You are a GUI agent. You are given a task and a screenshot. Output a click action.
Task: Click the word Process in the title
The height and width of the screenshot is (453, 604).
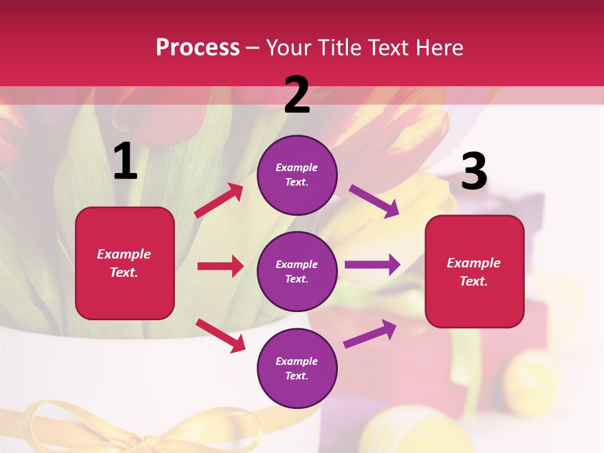[198, 47]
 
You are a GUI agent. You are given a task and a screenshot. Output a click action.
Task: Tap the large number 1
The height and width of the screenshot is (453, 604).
[125, 162]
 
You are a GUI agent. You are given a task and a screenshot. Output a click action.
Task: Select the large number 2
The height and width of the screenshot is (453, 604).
[297, 95]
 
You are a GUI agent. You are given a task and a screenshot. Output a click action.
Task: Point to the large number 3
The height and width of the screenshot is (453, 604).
[474, 172]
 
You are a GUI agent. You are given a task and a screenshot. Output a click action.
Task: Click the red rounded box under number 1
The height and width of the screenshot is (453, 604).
[125, 263]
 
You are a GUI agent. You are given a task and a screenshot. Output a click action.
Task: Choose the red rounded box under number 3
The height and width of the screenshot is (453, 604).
[474, 271]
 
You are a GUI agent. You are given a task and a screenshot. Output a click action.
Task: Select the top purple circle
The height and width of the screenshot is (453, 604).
[297, 175]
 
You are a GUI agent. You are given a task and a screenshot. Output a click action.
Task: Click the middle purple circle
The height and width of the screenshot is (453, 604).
[297, 271]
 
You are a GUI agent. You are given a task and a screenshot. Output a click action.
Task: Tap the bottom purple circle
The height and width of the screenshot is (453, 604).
[297, 368]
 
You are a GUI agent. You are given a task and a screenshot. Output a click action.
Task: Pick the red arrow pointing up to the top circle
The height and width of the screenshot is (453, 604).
[218, 201]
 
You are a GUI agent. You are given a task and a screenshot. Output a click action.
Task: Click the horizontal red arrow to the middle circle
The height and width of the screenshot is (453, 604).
[220, 266]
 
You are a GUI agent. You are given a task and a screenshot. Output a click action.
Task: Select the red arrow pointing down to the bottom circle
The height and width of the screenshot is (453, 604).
[220, 335]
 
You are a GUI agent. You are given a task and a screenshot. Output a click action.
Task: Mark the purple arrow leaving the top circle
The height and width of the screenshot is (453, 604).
[374, 201]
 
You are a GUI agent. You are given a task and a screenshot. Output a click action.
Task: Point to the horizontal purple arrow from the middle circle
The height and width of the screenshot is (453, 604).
[372, 264]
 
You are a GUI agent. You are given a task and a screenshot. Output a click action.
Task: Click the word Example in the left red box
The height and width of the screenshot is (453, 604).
[124, 254]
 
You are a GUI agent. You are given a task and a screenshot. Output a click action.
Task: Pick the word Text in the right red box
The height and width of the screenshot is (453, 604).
[474, 281]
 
